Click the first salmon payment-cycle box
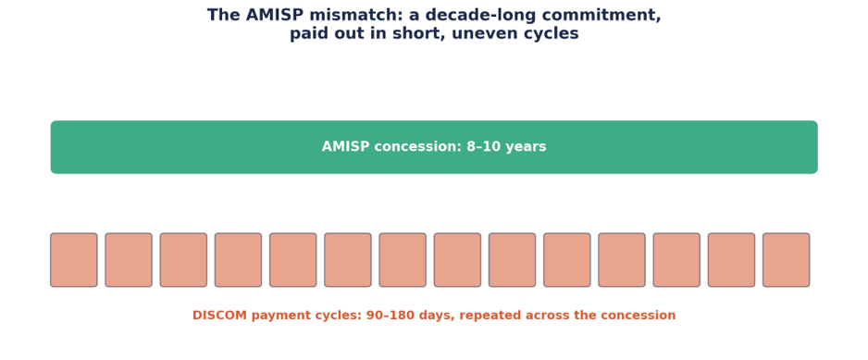74,260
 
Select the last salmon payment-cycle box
786,260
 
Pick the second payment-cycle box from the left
129,260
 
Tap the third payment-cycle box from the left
183,260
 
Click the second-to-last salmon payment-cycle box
731,260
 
